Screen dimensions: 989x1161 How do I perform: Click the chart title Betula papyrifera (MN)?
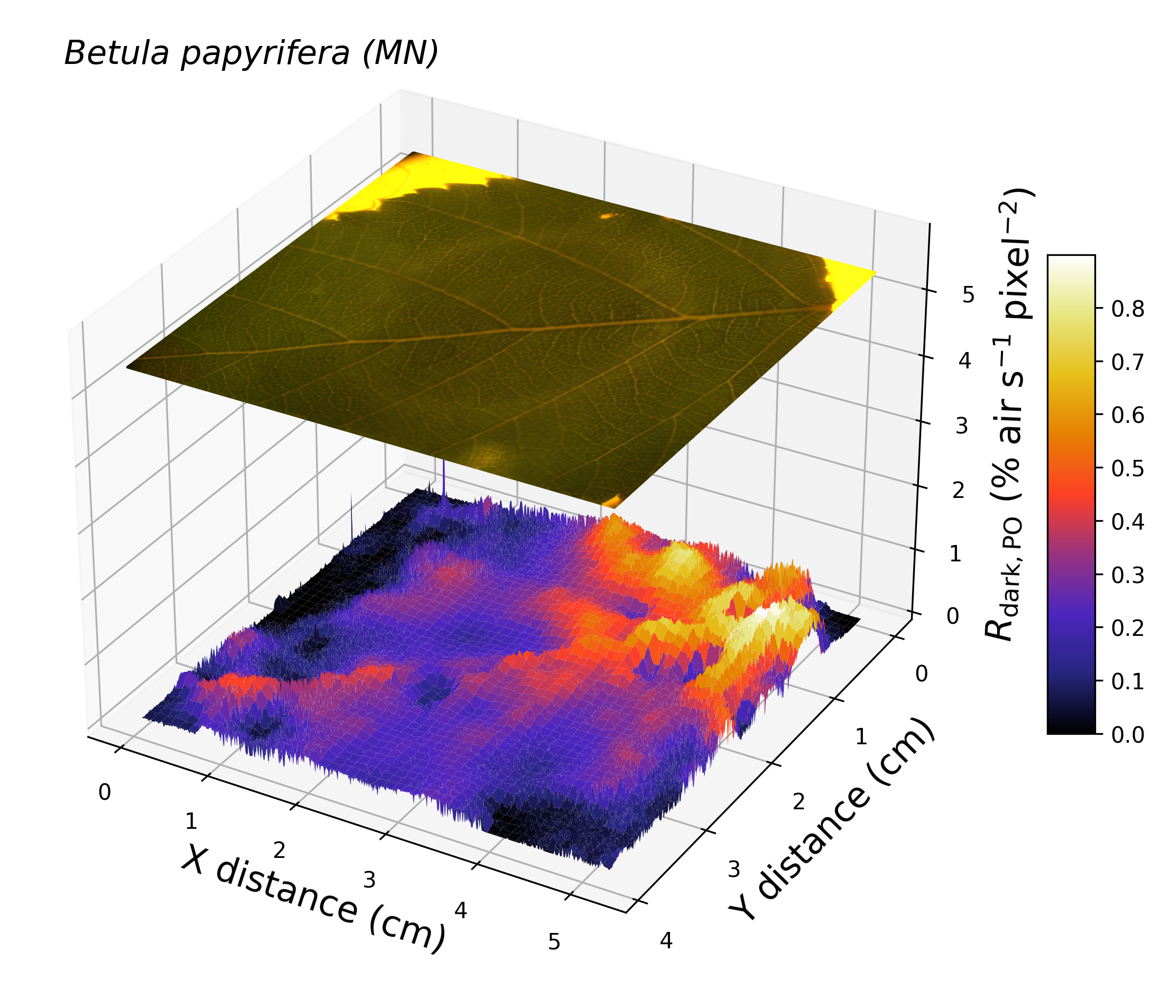(x=251, y=54)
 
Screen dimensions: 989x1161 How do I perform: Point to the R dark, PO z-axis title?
(x=1009, y=414)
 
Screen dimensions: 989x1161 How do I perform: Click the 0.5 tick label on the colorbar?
(x=1127, y=468)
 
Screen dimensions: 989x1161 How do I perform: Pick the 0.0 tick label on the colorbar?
(x=1127, y=734)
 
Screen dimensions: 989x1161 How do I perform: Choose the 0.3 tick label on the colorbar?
(x=1127, y=575)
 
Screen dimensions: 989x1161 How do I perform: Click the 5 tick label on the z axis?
(x=968, y=295)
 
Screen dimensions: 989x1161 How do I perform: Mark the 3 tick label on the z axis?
(x=962, y=427)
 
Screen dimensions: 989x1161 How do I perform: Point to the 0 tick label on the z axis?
(x=953, y=616)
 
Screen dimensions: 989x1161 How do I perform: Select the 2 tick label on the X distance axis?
(x=278, y=851)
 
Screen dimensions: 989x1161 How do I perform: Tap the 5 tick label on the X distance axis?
(x=554, y=941)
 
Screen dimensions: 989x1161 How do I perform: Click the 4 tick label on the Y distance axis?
(x=666, y=941)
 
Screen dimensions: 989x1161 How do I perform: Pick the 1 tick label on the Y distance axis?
(x=861, y=737)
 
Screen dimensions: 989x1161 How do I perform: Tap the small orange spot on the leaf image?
(x=607, y=215)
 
